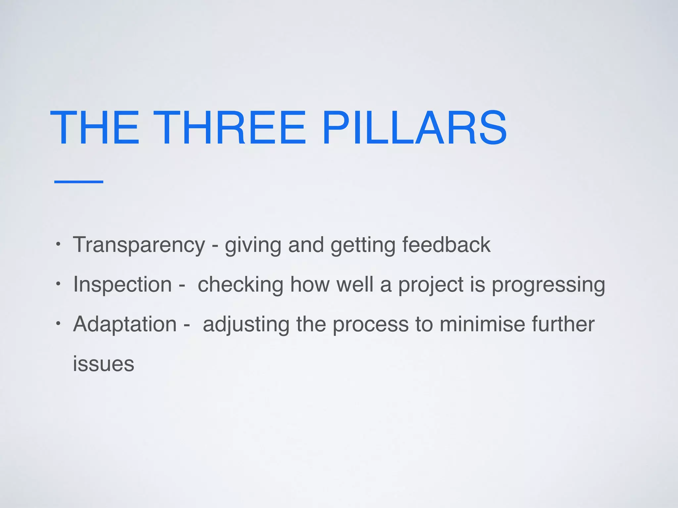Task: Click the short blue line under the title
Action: click(x=79, y=182)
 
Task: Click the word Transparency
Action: click(x=139, y=245)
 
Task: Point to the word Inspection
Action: click(x=122, y=284)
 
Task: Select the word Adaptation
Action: click(x=125, y=324)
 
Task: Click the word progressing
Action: click(x=548, y=285)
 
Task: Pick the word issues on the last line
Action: click(x=103, y=364)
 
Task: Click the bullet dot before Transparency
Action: click(x=58, y=245)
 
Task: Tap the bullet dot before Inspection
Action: click(x=58, y=284)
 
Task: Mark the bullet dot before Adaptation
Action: click(x=58, y=323)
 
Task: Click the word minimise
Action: click(x=482, y=324)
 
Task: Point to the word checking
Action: click(x=240, y=284)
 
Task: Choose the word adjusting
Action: click(x=246, y=325)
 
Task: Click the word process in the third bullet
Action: click(x=370, y=325)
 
